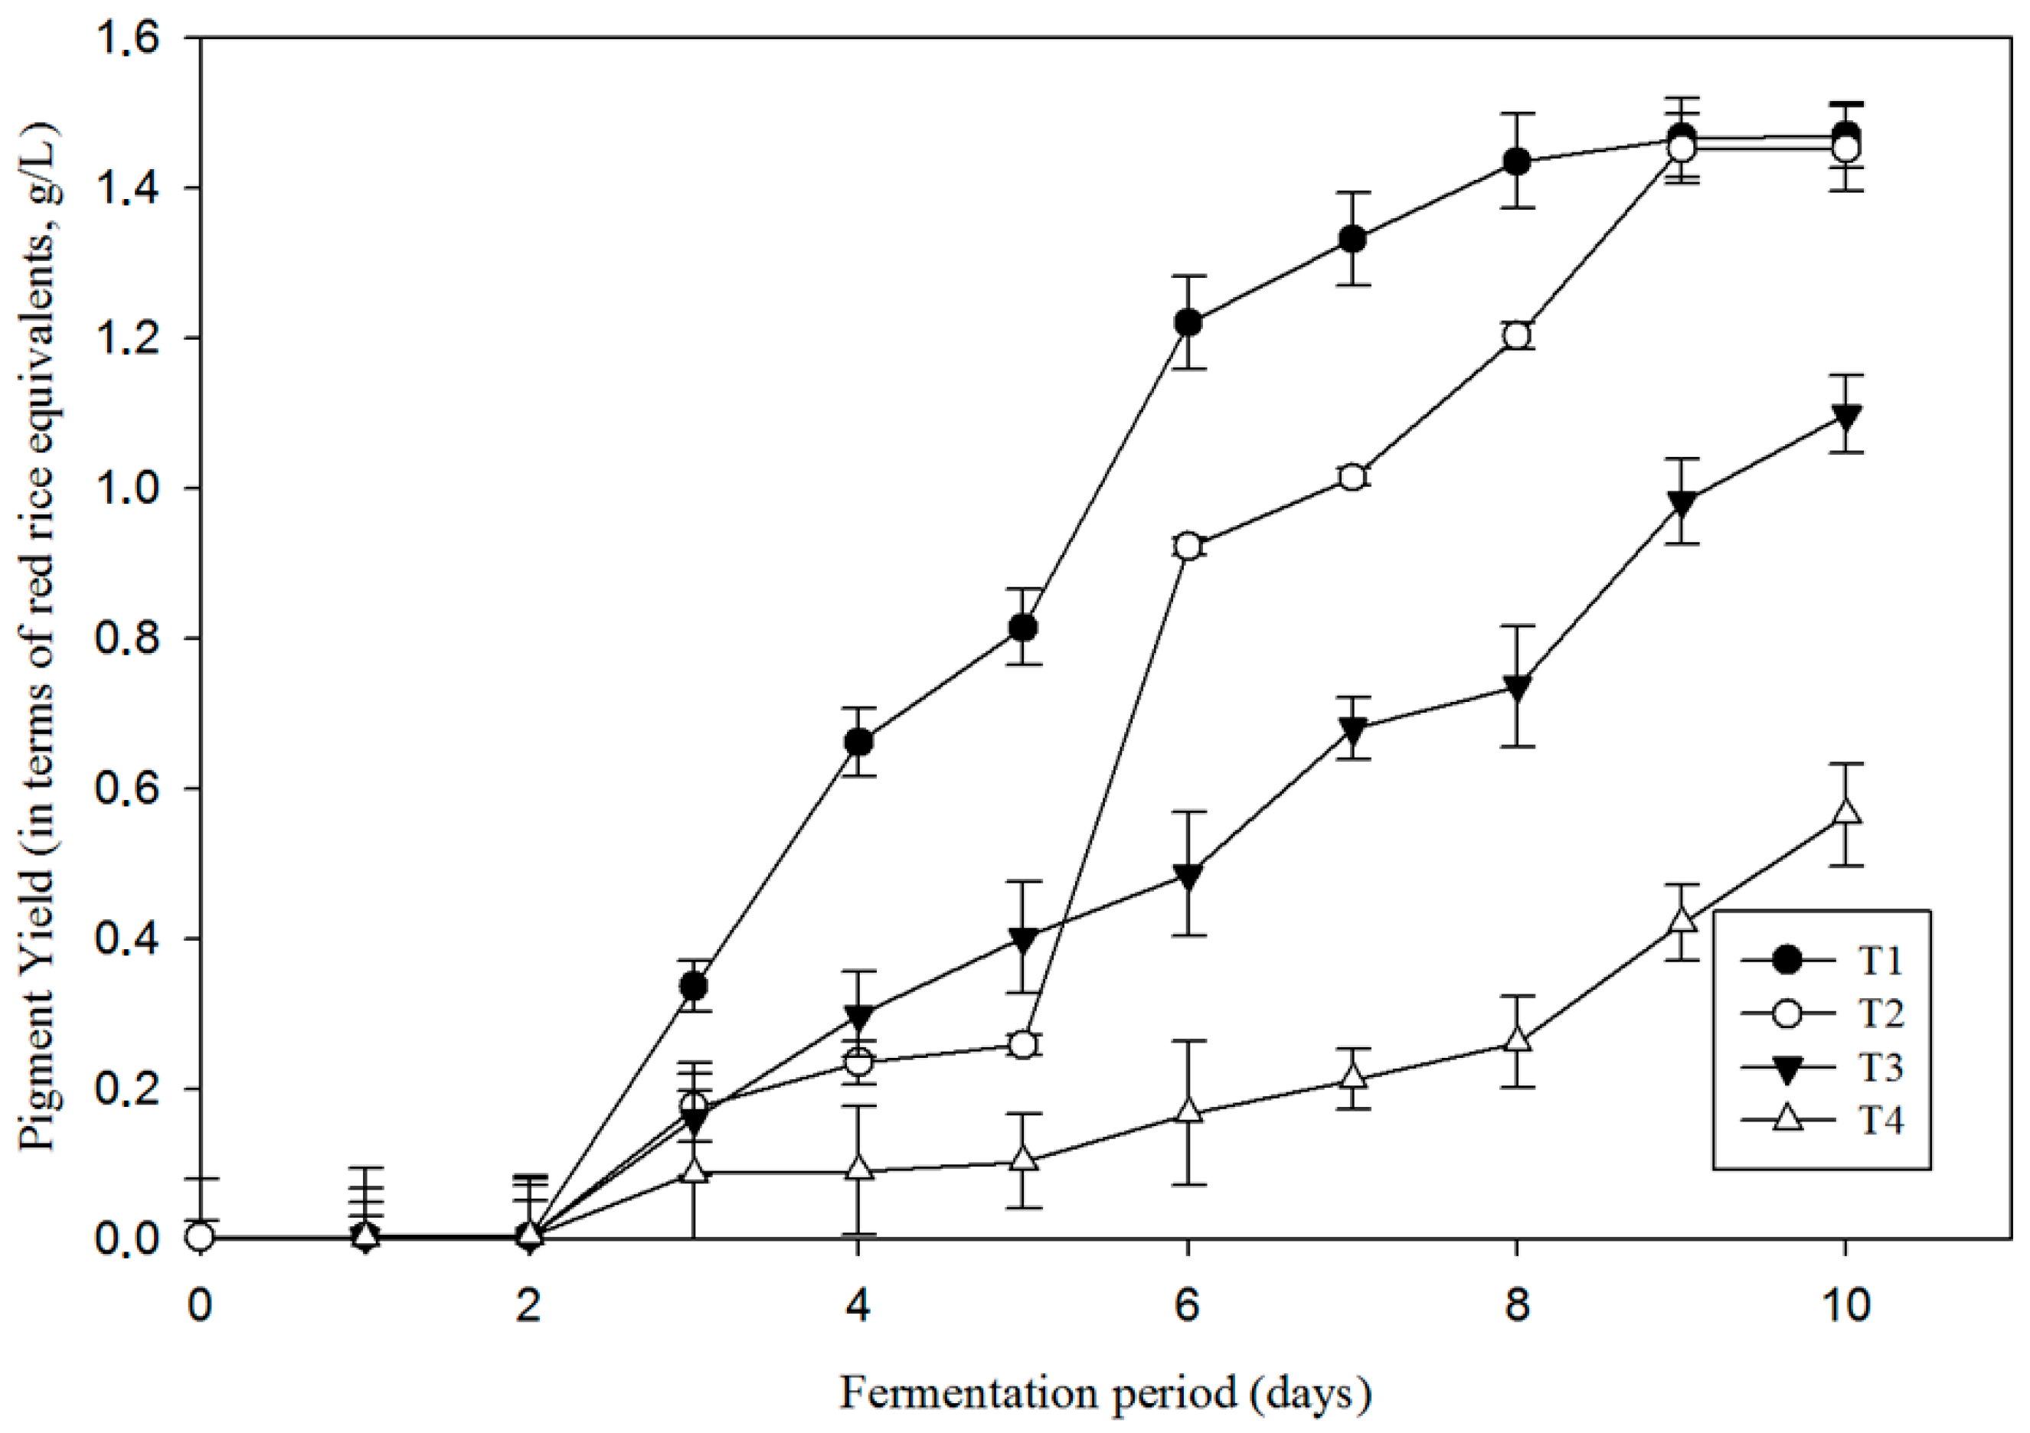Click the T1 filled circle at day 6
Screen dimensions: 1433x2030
[1188, 323]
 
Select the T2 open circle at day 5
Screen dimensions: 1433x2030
[1023, 1045]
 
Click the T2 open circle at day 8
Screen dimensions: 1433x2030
[1516, 335]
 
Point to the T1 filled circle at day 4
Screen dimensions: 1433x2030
[858, 742]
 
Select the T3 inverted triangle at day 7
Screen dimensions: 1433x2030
[1352, 729]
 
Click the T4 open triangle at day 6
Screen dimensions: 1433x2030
[1188, 1111]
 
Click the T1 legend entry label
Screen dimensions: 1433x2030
[1880, 960]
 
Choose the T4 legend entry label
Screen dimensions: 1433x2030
[1880, 1120]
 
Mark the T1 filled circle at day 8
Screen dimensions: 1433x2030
[1516, 162]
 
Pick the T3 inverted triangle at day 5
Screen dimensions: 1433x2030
[1023, 938]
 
